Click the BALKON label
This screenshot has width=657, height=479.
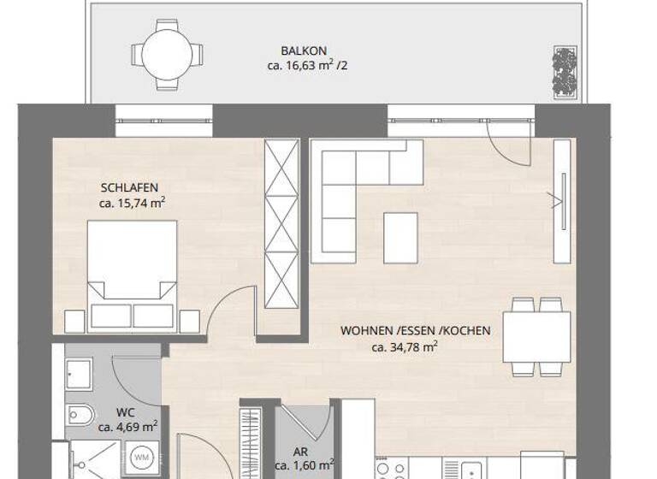(x=303, y=50)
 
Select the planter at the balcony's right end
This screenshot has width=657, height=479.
(x=565, y=70)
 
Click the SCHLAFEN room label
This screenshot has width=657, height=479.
(x=129, y=187)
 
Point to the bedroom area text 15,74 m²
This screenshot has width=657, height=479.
(x=132, y=203)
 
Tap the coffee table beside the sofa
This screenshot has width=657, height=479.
(x=400, y=237)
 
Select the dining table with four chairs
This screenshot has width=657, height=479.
(x=536, y=336)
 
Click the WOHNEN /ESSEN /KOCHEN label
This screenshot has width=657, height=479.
(x=416, y=330)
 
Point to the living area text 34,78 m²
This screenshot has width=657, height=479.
(x=405, y=346)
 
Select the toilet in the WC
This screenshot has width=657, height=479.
(x=80, y=415)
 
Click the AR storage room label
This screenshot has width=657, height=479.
(x=299, y=451)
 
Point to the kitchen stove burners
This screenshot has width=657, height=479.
(x=393, y=469)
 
